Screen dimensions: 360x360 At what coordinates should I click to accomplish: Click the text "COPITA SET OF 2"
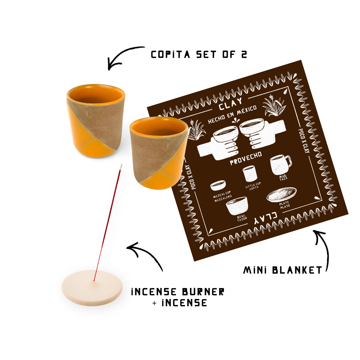point(199,55)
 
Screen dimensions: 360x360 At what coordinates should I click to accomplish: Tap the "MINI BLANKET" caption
point(282,270)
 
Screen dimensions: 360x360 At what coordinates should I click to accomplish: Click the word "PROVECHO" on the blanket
point(246,158)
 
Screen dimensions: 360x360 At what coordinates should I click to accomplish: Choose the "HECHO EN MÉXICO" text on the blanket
point(232,114)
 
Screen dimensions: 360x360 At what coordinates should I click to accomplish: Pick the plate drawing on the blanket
point(281,194)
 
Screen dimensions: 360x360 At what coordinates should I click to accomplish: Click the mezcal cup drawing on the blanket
point(218,186)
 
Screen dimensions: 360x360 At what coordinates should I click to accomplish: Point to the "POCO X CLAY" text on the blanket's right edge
point(304,141)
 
